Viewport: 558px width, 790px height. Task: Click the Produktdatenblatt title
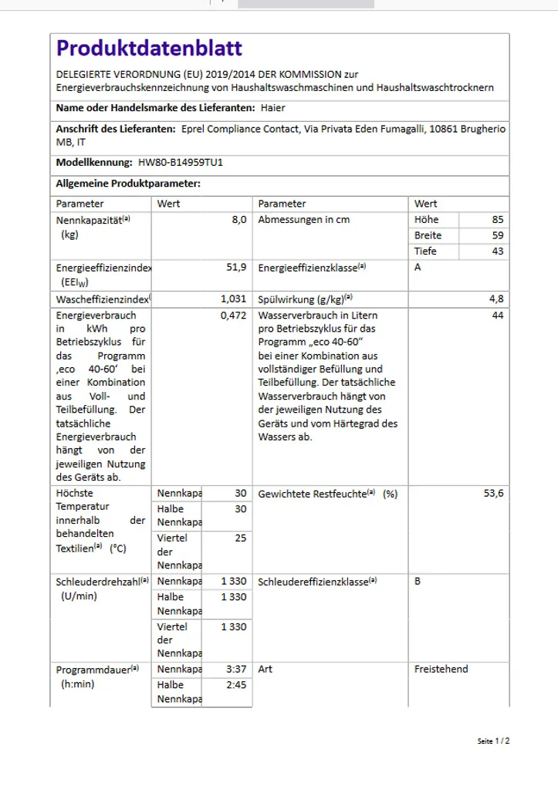(x=149, y=49)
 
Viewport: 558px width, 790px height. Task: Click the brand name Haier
(x=273, y=108)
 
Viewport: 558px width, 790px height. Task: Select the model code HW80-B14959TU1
(x=185, y=163)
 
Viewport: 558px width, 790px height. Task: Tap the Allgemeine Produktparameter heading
(x=128, y=184)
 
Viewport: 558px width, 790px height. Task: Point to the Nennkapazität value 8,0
(x=239, y=220)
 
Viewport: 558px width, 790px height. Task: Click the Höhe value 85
(x=497, y=220)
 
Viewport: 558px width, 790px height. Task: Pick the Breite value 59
(x=497, y=235)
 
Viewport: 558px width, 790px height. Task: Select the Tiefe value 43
(x=497, y=252)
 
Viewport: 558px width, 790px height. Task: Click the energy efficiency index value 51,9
(x=236, y=268)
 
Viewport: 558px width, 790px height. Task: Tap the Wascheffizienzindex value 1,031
(x=234, y=299)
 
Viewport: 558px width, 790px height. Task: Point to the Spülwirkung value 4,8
(x=496, y=299)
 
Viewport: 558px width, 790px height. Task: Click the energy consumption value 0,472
(x=234, y=316)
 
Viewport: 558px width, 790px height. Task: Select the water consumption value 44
(x=497, y=316)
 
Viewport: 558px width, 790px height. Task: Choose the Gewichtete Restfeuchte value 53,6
(x=493, y=494)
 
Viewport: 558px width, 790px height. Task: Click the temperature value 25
(x=241, y=538)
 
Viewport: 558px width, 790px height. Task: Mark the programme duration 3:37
(x=236, y=670)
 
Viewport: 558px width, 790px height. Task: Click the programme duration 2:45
(x=236, y=685)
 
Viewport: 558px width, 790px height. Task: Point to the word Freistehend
(x=441, y=670)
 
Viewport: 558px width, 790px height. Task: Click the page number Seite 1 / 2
(x=493, y=741)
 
